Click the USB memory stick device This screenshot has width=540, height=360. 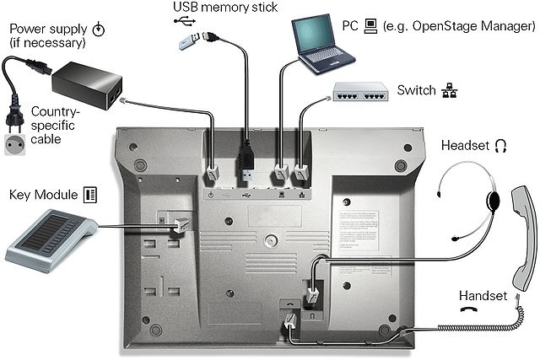(x=191, y=40)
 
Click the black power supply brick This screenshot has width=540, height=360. (x=86, y=84)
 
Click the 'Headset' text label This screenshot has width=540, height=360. (x=465, y=146)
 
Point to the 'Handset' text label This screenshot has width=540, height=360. (x=483, y=296)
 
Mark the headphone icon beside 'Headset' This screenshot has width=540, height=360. (x=501, y=146)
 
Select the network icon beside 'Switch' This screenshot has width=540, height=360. (x=448, y=89)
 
